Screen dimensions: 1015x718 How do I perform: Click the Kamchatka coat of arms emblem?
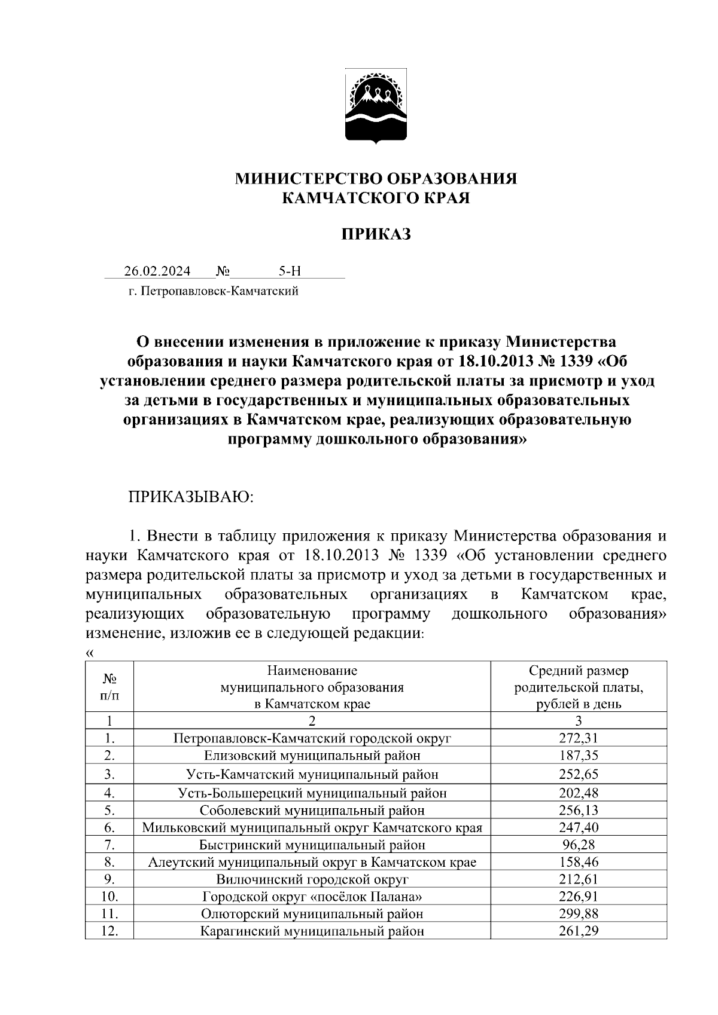[376, 106]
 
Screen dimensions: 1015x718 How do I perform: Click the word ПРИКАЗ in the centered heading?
[376, 234]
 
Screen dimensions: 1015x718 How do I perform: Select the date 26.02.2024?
[157, 271]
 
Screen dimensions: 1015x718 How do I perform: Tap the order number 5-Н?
[290, 271]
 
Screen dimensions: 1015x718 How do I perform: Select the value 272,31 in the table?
[578, 738]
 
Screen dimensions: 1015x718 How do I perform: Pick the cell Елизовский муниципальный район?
[312, 756]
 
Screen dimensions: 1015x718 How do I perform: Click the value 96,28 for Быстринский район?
[578, 845]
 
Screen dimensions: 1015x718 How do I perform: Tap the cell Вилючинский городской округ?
[312, 879]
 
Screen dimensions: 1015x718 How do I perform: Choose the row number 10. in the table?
[109, 897]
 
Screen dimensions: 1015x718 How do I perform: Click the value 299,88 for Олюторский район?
[578, 913]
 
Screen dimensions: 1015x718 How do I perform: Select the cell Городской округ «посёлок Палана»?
[312, 897]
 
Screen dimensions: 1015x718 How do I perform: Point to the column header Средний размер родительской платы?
[578, 687]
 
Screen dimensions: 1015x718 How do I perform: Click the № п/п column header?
[109, 687]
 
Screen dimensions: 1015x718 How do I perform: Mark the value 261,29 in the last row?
[578, 931]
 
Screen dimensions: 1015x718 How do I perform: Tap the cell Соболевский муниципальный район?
[312, 810]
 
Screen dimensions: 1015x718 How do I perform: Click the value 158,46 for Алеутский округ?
[578, 862]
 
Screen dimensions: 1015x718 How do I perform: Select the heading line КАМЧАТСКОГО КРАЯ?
[376, 198]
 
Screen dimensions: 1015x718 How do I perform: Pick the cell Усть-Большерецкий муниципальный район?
[312, 793]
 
